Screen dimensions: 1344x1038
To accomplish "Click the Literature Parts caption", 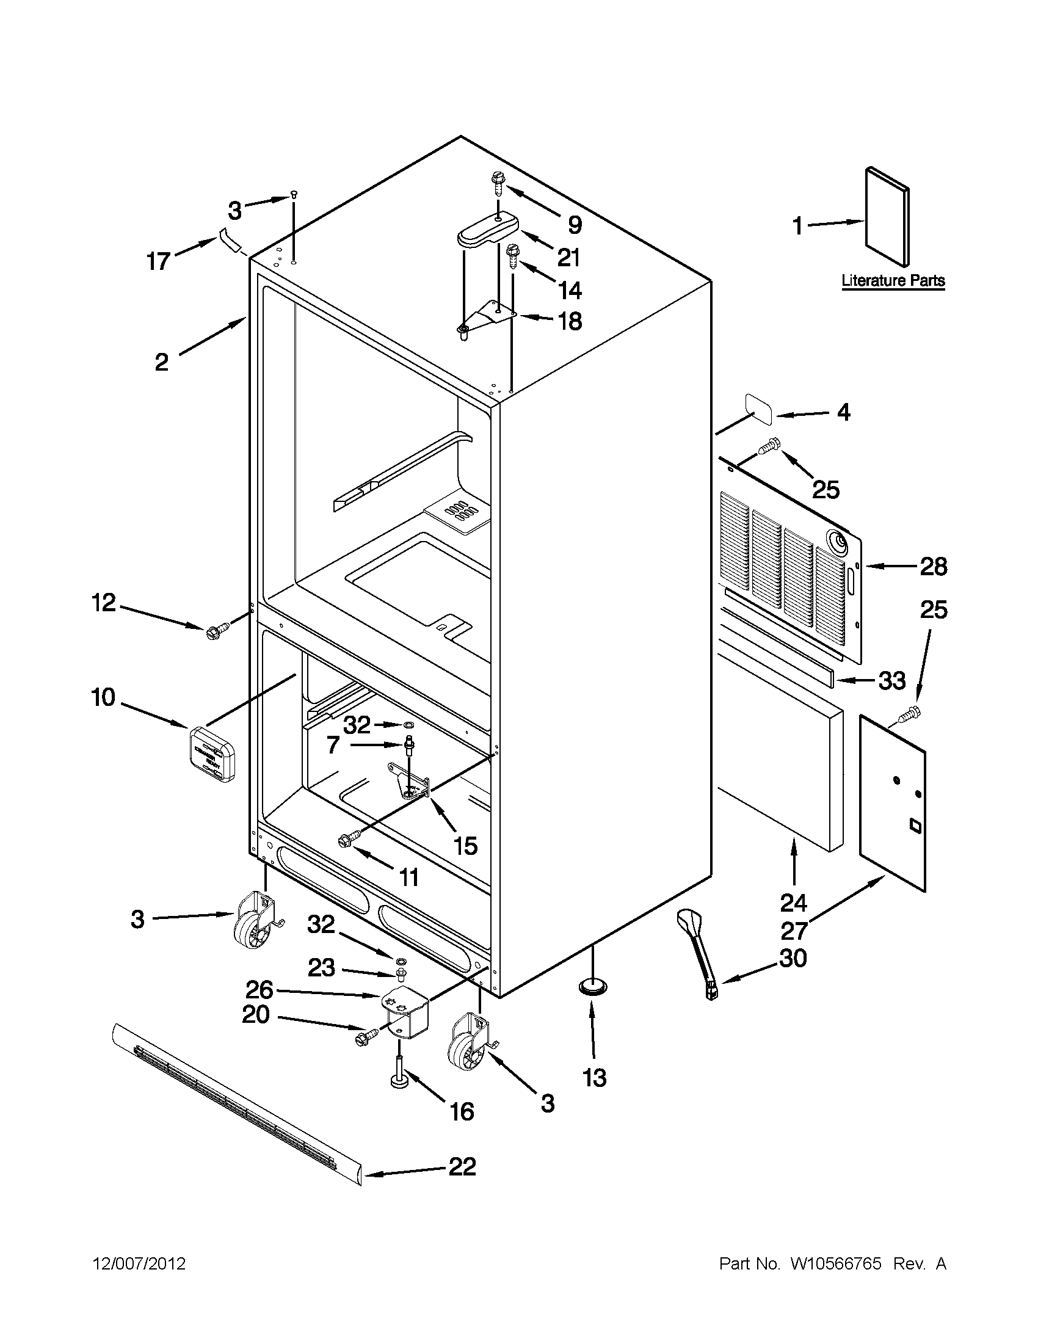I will click(893, 282).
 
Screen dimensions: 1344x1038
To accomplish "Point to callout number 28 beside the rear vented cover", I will click(933, 566).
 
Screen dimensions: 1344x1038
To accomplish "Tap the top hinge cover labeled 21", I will click(486, 231).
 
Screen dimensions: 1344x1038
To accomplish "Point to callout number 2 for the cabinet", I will click(161, 362).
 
